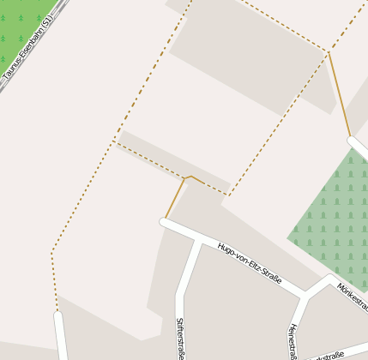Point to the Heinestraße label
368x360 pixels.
pyautogui.click(x=293, y=341)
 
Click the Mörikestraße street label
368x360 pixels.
pyautogui.click(x=353, y=297)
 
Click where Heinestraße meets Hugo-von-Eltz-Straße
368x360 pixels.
pyautogui.click(x=302, y=297)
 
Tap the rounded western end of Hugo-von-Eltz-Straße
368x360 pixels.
pyautogui.click(x=164, y=222)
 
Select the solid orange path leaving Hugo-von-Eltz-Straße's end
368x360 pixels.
pyautogui.click(x=174, y=199)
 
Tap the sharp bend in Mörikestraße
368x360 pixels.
pyautogui.click(x=329, y=278)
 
